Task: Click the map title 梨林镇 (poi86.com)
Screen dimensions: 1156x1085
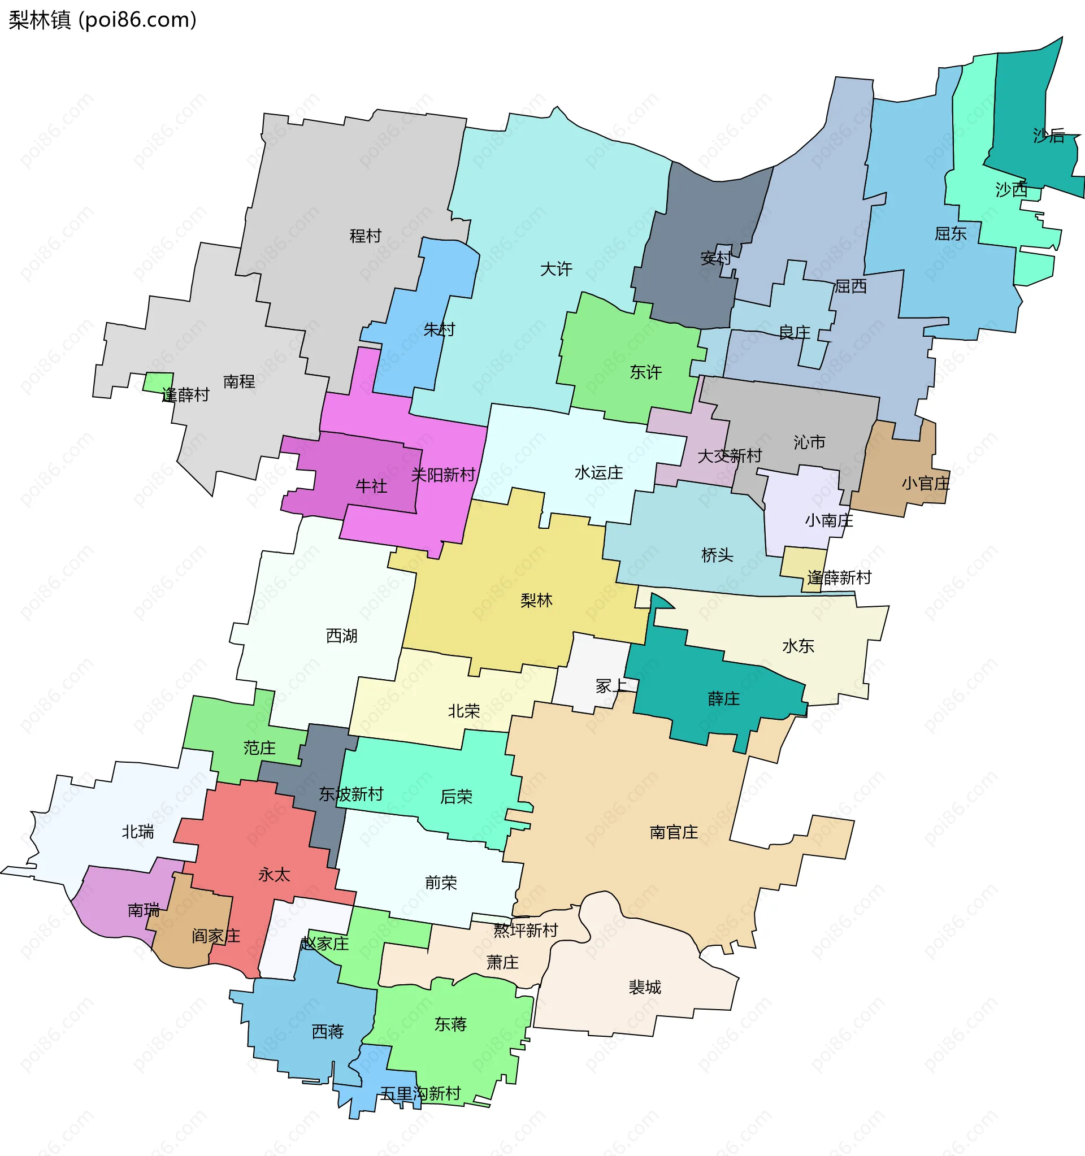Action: tap(102, 20)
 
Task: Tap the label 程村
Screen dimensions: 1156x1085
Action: tap(365, 236)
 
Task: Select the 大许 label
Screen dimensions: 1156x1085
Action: tap(556, 268)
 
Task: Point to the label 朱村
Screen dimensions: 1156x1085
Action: tap(439, 330)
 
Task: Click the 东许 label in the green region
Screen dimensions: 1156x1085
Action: tap(645, 372)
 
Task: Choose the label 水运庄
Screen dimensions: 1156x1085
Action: tap(598, 472)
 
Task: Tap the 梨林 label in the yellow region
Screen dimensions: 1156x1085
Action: tap(536, 600)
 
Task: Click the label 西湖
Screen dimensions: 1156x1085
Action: tap(341, 636)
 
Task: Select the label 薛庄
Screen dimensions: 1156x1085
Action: tap(723, 698)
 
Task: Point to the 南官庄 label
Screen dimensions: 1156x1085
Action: tap(674, 832)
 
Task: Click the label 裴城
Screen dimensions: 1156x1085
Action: tap(645, 987)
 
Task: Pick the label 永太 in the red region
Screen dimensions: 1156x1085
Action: tap(274, 875)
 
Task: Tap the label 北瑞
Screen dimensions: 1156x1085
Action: tap(138, 832)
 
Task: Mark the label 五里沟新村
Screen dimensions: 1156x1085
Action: tap(420, 1093)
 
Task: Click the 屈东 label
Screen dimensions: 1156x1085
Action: tap(950, 234)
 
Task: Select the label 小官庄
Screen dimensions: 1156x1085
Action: tap(926, 483)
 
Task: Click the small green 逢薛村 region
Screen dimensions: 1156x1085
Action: tap(158, 381)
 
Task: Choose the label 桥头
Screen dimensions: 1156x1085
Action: tap(717, 555)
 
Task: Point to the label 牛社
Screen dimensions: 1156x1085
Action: tap(371, 485)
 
